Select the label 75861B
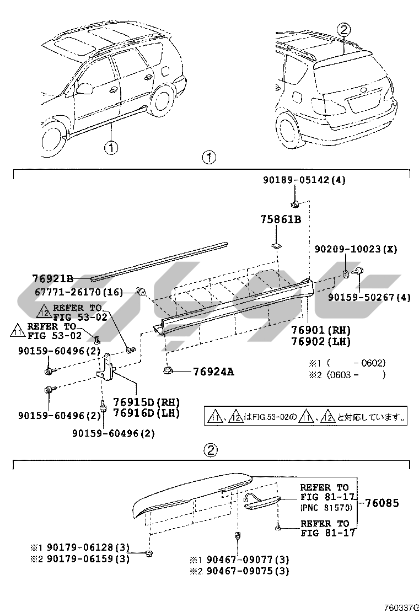pos(281,220)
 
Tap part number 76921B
pos(53,278)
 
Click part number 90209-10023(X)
pos(356,249)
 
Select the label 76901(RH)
pos(323,330)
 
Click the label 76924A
pos(213,371)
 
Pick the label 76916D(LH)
pos(147,412)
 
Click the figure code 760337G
pos(400,607)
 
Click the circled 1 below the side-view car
pos(111,148)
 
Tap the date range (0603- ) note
pos(355,374)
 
